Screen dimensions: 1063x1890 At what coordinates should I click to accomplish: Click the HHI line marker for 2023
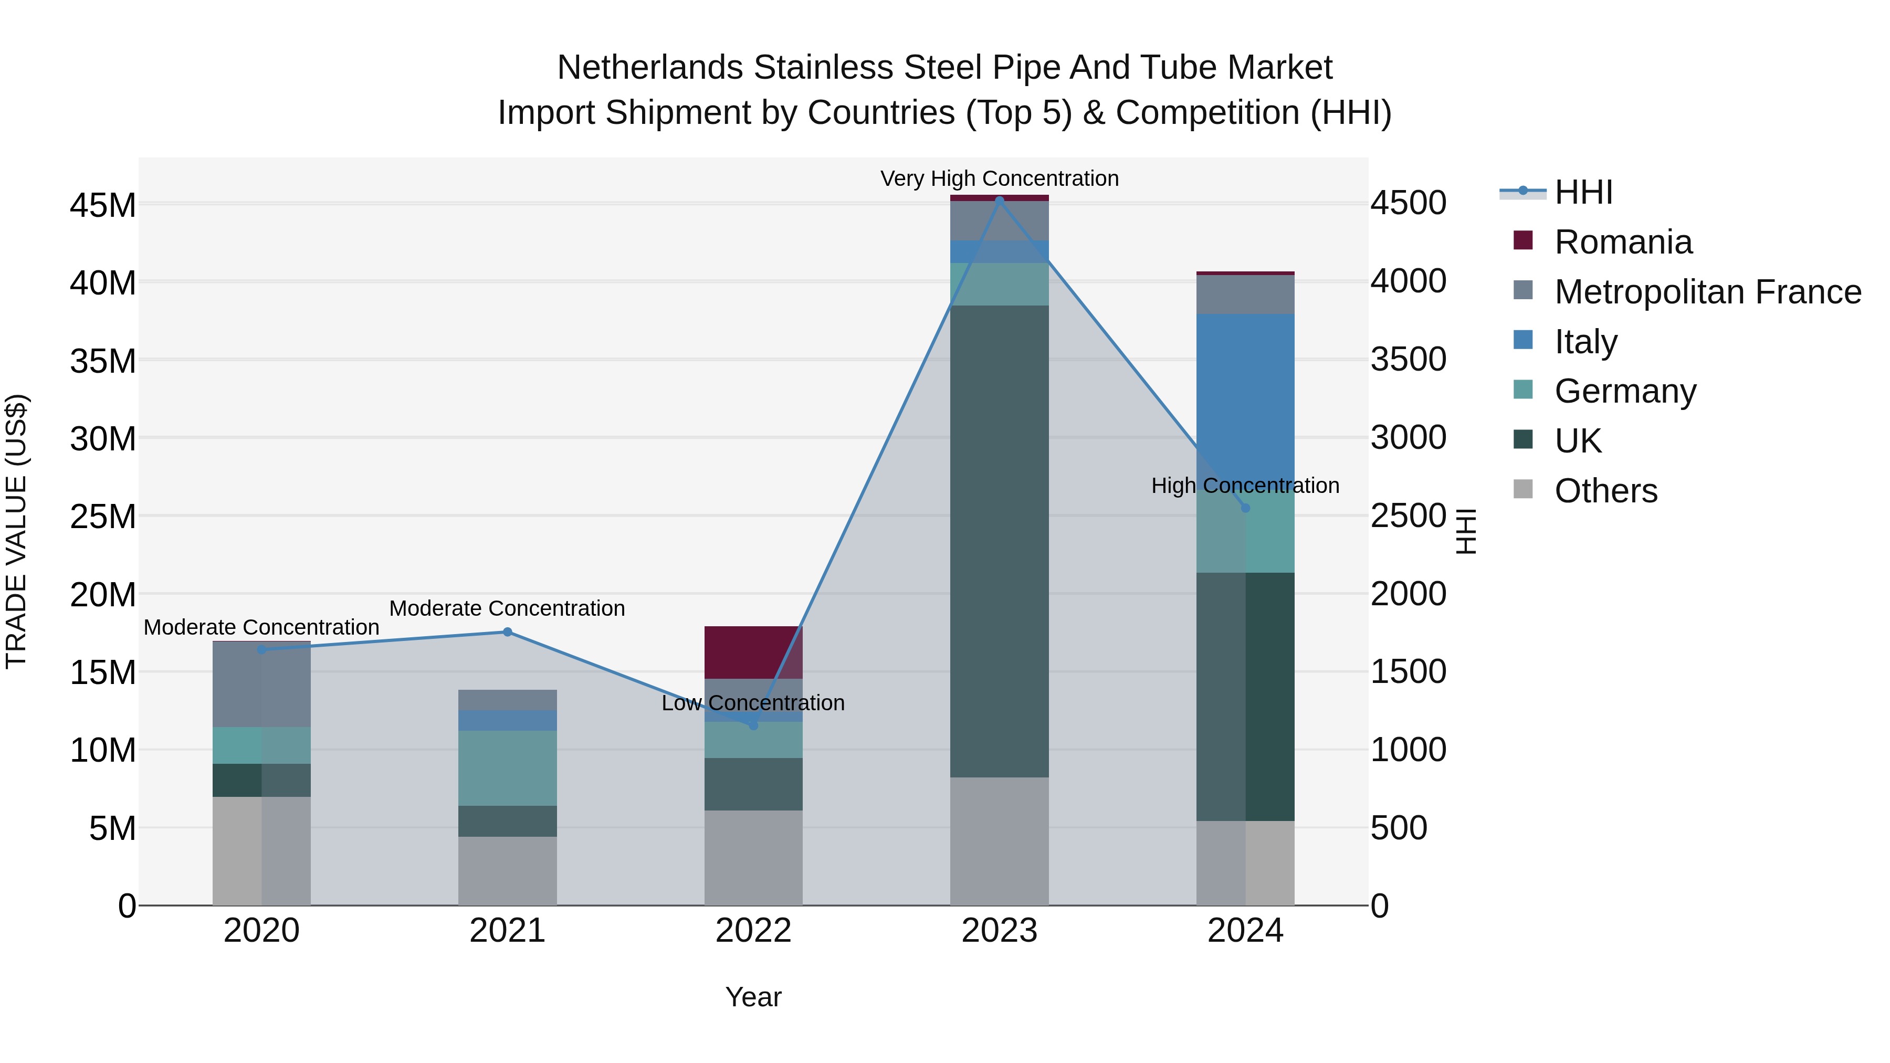[999, 199]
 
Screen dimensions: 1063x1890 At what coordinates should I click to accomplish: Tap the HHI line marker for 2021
[507, 632]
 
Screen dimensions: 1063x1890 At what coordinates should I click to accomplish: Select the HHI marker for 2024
[1245, 508]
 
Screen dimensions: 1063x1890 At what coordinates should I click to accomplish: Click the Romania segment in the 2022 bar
[753, 652]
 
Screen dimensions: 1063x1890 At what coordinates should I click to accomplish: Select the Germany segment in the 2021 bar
[507, 767]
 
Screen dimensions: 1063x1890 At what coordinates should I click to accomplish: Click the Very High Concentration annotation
[999, 178]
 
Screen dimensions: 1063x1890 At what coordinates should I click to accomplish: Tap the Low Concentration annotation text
[753, 703]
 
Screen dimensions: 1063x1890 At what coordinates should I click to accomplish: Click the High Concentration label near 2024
[1245, 486]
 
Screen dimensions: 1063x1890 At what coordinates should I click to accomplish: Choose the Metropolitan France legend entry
[1707, 292]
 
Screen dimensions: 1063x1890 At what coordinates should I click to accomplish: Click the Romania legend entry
[1623, 242]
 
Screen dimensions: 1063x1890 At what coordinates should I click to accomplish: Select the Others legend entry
[1605, 491]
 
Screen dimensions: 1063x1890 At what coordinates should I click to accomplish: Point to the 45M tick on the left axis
[103, 205]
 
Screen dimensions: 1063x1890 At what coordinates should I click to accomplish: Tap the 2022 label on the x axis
[753, 931]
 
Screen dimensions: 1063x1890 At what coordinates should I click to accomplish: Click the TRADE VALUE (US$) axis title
[16, 531]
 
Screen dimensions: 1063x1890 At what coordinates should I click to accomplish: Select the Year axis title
[753, 997]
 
